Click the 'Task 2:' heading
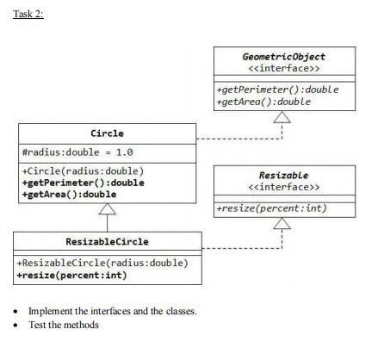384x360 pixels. [28, 14]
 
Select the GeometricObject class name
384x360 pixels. [283, 56]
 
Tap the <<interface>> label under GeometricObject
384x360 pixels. [283, 68]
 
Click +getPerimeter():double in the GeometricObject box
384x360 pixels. [276, 89]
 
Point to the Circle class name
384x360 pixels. [107, 133]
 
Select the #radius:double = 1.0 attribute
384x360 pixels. [77, 153]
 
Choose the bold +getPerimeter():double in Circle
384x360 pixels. [82, 182]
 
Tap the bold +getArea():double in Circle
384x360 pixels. [68, 194]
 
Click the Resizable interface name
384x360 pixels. [283, 175]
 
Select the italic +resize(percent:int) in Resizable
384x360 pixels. [270, 208]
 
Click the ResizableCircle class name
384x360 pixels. [108, 242]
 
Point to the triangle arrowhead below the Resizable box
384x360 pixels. [283, 223]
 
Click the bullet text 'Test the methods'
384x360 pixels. [64, 326]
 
